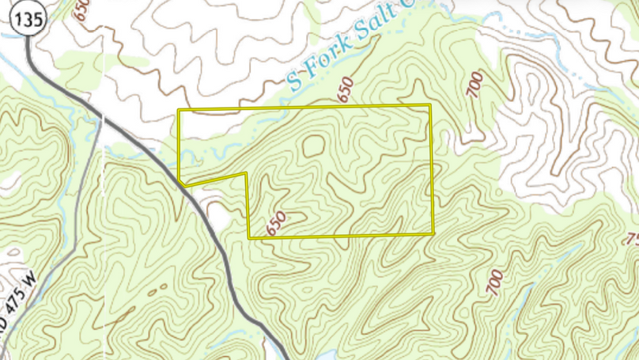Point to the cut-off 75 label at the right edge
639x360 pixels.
(632, 240)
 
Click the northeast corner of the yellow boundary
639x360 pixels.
(430, 105)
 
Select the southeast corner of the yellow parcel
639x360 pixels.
(434, 233)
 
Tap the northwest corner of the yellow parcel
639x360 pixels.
(179, 111)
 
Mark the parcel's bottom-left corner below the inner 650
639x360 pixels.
(250, 237)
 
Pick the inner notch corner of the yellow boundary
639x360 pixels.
(247, 173)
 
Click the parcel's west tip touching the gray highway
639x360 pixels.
(181, 181)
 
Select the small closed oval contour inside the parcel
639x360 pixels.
(313, 146)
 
